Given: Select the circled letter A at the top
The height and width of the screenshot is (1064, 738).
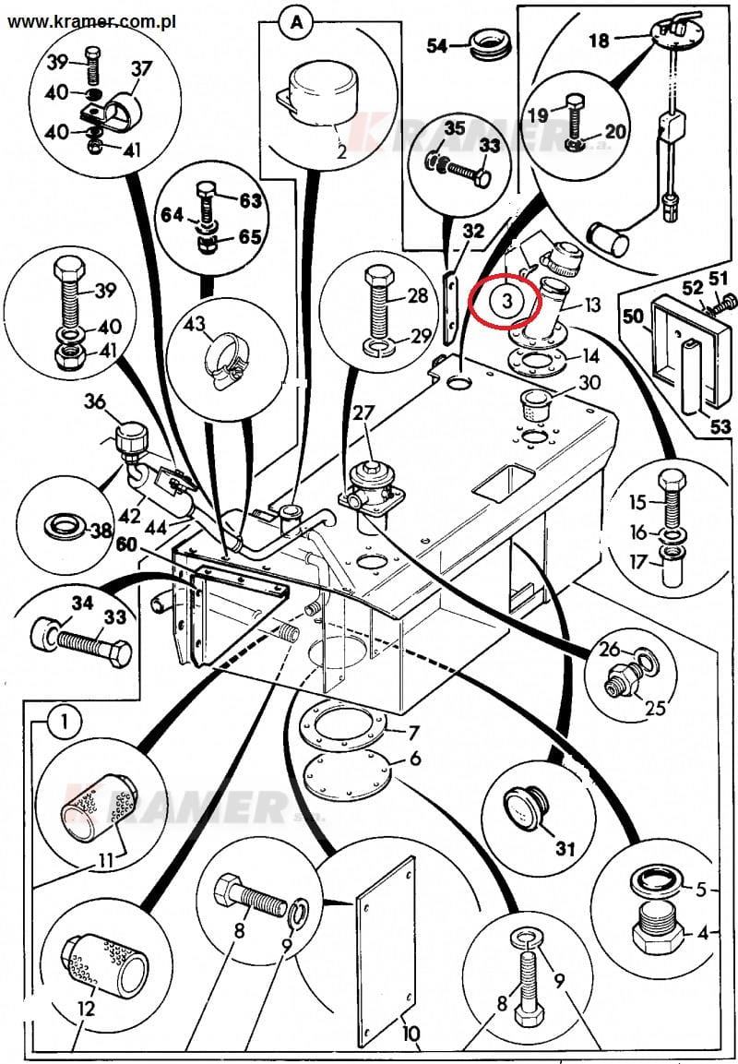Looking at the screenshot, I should coord(296,23).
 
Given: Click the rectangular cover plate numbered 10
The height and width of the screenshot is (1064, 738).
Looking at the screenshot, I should coord(386,950).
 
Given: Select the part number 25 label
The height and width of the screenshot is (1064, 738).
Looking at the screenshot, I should coord(654,708).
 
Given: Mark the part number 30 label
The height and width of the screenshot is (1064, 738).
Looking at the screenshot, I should coord(589,384).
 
